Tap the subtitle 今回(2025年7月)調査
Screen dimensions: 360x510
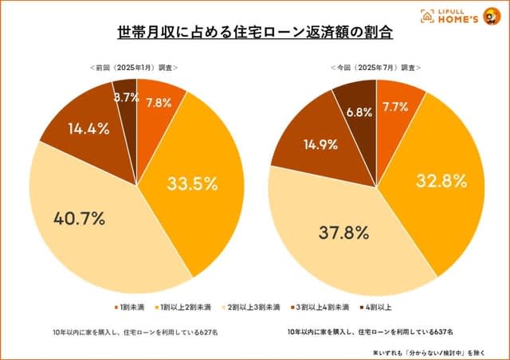coord(375,68)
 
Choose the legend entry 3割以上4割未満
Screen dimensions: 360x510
coord(324,306)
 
